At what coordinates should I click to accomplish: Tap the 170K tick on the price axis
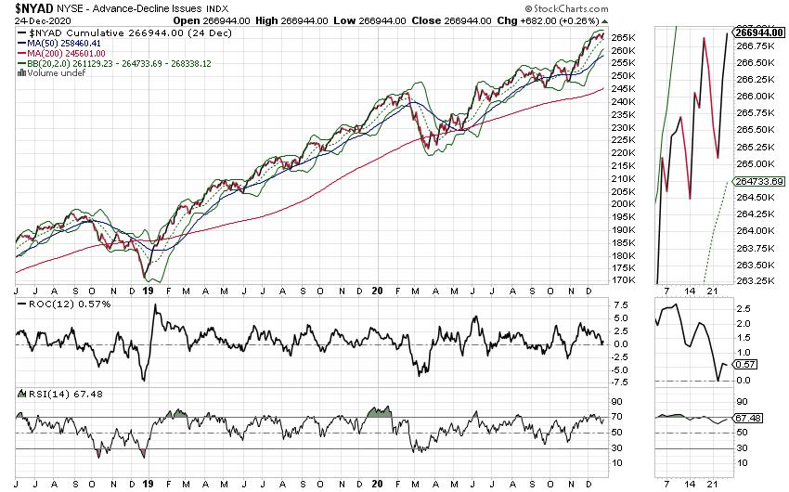[x=624, y=280]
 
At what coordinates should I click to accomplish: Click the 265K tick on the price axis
[x=624, y=37]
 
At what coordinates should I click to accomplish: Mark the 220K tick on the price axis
[x=624, y=152]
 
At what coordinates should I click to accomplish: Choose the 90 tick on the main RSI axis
[x=616, y=401]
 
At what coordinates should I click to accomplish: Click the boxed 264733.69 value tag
[x=757, y=181]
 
